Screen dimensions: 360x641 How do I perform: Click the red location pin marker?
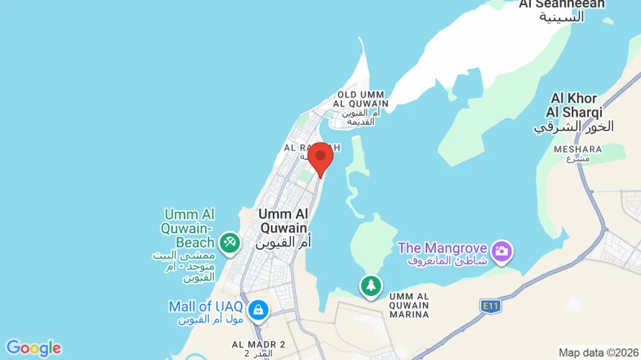pyautogui.click(x=320, y=156)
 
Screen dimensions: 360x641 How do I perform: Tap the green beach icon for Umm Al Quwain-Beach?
pyautogui.click(x=230, y=243)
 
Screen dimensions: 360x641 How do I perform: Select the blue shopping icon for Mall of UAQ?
pyautogui.click(x=257, y=310)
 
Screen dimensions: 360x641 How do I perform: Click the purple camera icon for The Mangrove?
pyautogui.click(x=502, y=251)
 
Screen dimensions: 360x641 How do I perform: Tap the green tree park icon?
pyautogui.click(x=371, y=286)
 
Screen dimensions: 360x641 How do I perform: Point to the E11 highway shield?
pyautogui.click(x=490, y=306)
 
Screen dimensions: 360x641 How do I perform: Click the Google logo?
pyautogui.click(x=33, y=348)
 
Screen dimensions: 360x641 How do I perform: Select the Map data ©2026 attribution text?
pyautogui.click(x=599, y=353)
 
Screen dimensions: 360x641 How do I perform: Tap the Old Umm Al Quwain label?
pyautogui.click(x=363, y=99)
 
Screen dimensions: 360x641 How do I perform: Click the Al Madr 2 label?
pyautogui.click(x=259, y=344)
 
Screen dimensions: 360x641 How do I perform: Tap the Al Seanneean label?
pyautogui.click(x=562, y=4)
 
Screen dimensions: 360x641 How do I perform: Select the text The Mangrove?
pyautogui.click(x=443, y=248)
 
